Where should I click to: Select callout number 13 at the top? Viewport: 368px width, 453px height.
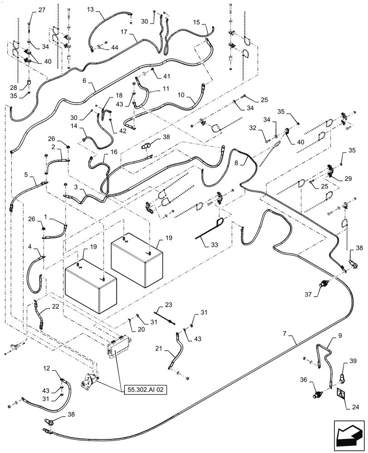pyautogui.click(x=90, y=10)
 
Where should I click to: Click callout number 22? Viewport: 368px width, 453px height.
pyautogui.click(x=55, y=307)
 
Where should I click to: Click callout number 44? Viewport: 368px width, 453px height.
pyautogui.click(x=115, y=48)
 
